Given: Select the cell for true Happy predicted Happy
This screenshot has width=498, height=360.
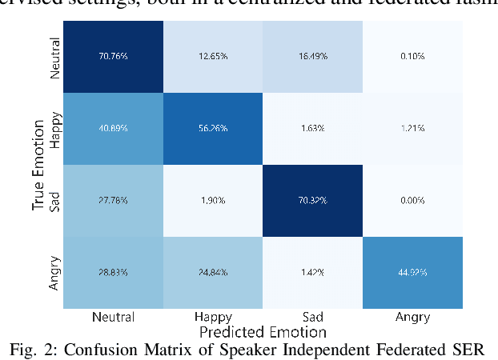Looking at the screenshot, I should tap(214, 128).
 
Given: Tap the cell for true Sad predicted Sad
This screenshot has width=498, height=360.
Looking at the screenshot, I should tap(314, 200).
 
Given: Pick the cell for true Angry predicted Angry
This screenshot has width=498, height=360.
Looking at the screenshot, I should tap(414, 272).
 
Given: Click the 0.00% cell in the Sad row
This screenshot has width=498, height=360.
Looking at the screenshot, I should tap(414, 200).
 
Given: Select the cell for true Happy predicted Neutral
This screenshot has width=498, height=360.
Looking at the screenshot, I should tap(114, 128).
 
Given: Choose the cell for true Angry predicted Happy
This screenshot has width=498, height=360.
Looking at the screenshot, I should tap(214, 272).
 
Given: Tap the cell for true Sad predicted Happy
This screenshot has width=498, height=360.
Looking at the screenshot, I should tap(214, 200).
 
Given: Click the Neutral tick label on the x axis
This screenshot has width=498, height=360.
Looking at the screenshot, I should tap(114, 318).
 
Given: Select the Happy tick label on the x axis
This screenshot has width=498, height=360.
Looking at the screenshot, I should tap(214, 318).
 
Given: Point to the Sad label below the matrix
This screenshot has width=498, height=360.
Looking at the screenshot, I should tap(314, 318).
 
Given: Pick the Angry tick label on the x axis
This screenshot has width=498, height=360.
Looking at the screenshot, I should tap(414, 318).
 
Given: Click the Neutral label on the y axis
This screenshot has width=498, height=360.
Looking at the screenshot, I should tap(54, 58).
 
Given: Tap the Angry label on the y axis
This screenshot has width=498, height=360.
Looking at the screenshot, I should tap(54, 273).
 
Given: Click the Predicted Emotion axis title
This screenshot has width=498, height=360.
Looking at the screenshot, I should tap(263, 331).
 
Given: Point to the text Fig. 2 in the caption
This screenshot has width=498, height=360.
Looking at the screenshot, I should tap(46, 350).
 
